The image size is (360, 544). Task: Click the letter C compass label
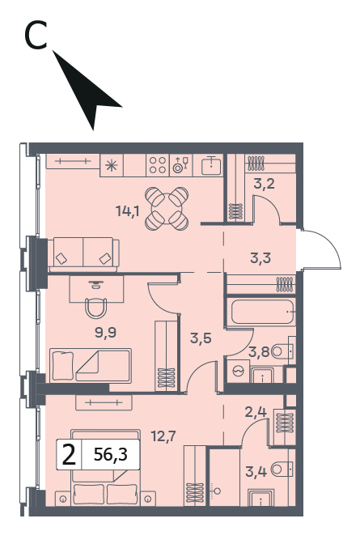pos(36,35)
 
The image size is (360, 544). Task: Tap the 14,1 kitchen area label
pos(128,210)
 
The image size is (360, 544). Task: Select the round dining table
pos(167,209)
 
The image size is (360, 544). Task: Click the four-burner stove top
pos(158,165)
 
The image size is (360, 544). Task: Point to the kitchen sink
pos(211,165)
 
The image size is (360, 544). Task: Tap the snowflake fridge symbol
pos(112,165)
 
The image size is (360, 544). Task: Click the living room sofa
pos(83,255)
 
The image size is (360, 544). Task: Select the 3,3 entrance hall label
pos(260,258)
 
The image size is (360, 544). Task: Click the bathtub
pos(263,312)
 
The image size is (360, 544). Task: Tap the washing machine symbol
pos(239,371)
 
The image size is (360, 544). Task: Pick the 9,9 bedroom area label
pos(105,333)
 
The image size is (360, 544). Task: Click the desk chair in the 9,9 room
pos(97,308)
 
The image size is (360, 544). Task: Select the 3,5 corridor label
pos(201,338)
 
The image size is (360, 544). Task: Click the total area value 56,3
pos(111,454)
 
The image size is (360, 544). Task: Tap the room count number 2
pos(69,455)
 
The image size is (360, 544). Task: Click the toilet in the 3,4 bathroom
pos(282,470)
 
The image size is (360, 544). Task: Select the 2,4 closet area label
pos(256,412)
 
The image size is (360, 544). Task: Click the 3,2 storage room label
pos(264,184)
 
